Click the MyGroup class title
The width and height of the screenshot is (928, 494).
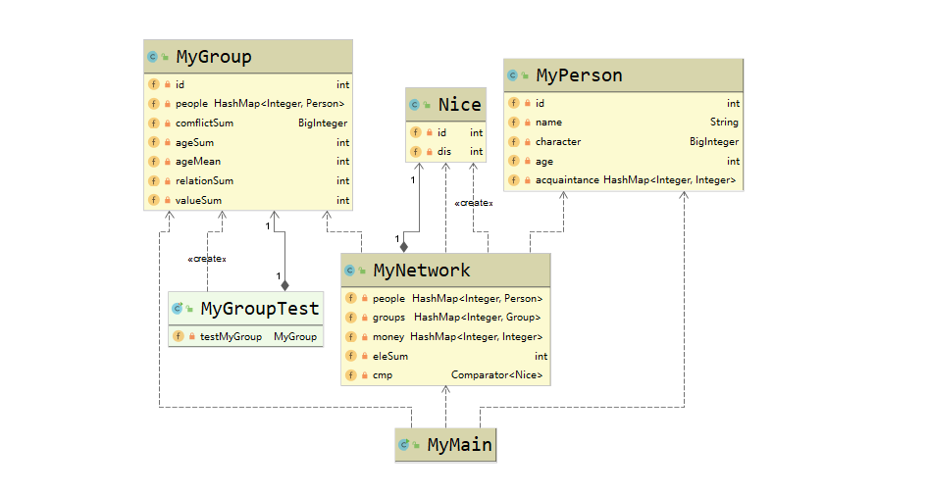(213, 57)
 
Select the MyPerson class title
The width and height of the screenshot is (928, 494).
(579, 75)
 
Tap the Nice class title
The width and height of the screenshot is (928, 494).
(459, 105)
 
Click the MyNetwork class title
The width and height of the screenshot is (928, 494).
(422, 271)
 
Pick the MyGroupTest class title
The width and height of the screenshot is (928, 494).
(260, 309)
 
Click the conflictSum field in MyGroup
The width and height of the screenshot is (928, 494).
(205, 123)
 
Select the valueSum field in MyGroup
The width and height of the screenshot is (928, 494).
(198, 200)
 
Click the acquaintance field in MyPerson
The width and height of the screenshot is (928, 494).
(566, 180)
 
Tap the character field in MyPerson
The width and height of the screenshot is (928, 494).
(557, 142)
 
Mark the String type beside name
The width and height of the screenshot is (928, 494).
(724, 123)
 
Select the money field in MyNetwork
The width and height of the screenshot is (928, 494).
(388, 337)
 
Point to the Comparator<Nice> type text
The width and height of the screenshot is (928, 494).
(496, 375)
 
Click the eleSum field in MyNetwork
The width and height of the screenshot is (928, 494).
(390, 357)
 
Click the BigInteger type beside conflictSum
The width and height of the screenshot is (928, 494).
(323, 123)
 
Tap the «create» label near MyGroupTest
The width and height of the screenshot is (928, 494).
(207, 259)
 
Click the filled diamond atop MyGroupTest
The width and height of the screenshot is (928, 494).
(284, 285)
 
